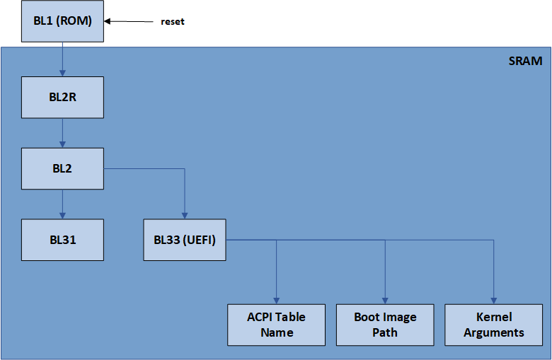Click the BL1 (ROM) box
pyautogui.click(x=63, y=21)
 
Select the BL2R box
pyautogui.click(x=63, y=98)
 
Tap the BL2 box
pyautogui.click(x=63, y=168)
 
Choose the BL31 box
pyautogui.click(x=63, y=240)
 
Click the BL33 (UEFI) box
pyautogui.click(x=185, y=240)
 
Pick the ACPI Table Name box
pyautogui.click(x=276, y=325)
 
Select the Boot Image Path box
pyautogui.click(x=385, y=325)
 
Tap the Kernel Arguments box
pyautogui.click(x=494, y=325)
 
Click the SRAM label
pyautogui.click(x=525, y=61)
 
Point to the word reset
pyautogui.click(x=172, y=22)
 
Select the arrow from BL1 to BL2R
pyautogui.click(x=63, y=59)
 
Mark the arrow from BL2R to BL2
pyautogui.click(x=63, y=133)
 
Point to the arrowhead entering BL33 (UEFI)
pyautogui.click(x=185, y=215)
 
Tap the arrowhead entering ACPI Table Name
pyautogui.click(x=276, y=300)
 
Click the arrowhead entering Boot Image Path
pyautogui.click(x=385, y=300)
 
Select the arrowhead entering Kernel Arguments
pyautogui.click(x=494, y=300)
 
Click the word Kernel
pyautogui.click(x=494, y=317)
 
